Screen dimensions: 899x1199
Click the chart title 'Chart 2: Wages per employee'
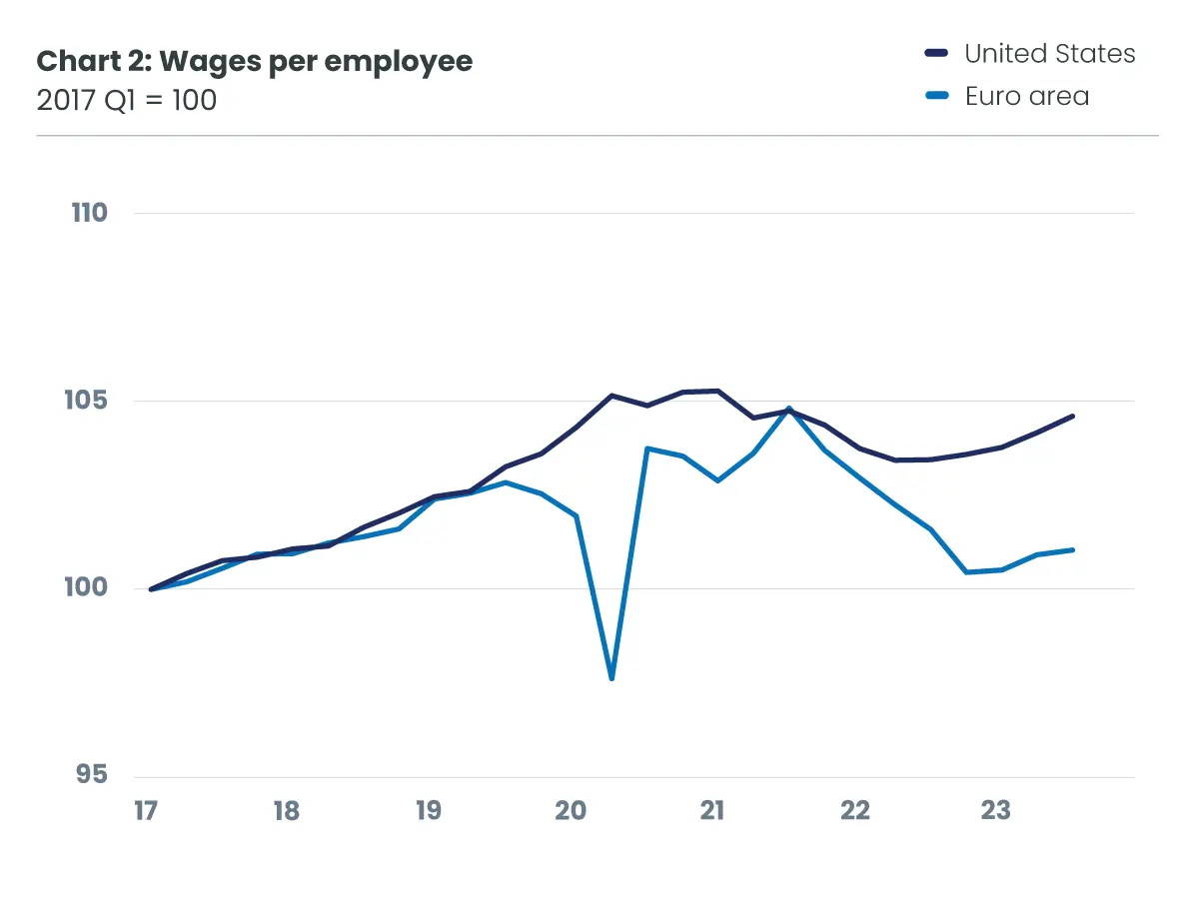point(255,61)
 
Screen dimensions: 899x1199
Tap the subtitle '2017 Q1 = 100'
point(127,100)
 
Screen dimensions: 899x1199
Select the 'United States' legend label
point(1049,54)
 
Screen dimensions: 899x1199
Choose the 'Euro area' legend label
point(1026,97)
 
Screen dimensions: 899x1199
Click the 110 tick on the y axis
point(89,213)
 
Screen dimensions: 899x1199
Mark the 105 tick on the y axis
point(89,401)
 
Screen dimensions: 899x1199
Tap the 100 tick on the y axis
point(89,588)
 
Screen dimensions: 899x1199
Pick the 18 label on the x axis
point(287,810)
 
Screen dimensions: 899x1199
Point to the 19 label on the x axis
point(429,810)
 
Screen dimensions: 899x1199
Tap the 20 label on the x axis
point(571,810)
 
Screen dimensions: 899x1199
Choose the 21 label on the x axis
point(711,810)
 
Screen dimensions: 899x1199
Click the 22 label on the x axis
point(855,810)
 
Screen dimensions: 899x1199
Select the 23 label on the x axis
point(996,810)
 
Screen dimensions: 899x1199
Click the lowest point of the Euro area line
point(611,679)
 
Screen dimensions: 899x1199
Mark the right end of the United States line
point(1072,416)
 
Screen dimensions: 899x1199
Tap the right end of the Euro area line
point(1072,549)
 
